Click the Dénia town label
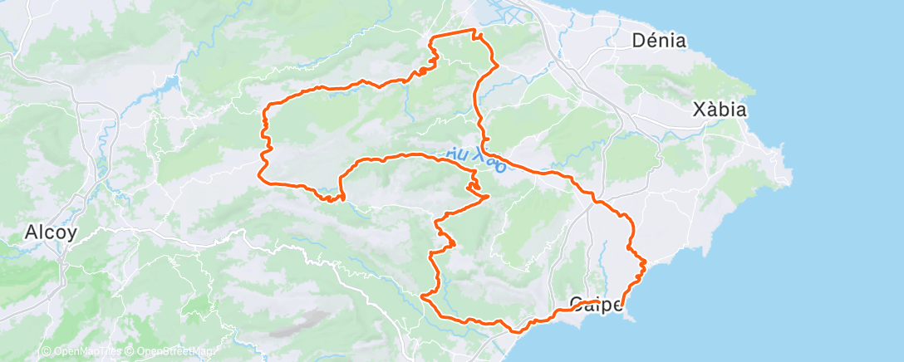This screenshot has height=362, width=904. (659, 40)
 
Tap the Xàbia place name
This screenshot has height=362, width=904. (720, 110)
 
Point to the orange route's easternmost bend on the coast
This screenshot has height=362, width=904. (645, 263)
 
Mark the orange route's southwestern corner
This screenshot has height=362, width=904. (425, 295)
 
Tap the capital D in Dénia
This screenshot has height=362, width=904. (638, 40)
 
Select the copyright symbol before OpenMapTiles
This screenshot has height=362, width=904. (46, 352)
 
